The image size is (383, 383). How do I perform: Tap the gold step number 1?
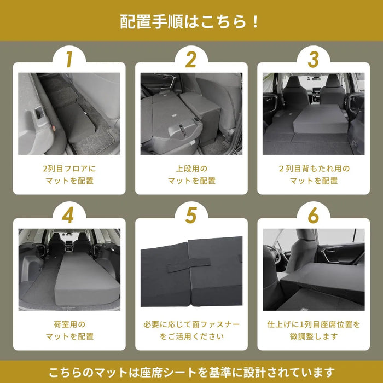68,60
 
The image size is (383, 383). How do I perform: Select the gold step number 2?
191,60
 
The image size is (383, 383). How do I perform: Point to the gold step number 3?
314,60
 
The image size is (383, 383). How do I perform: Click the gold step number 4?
68,216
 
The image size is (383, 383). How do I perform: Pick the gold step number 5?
191,216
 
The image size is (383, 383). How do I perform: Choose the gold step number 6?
314,216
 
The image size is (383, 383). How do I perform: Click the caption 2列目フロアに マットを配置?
68,175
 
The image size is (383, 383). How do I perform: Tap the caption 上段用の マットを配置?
191,175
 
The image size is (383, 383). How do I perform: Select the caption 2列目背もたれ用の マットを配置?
314,175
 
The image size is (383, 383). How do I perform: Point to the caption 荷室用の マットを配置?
68,330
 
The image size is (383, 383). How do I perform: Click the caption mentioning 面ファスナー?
191,330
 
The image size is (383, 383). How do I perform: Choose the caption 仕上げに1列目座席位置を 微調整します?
314,330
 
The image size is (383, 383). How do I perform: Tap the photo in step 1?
68,114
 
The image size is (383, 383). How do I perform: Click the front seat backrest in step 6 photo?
301,252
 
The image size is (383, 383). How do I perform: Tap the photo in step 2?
191,114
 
